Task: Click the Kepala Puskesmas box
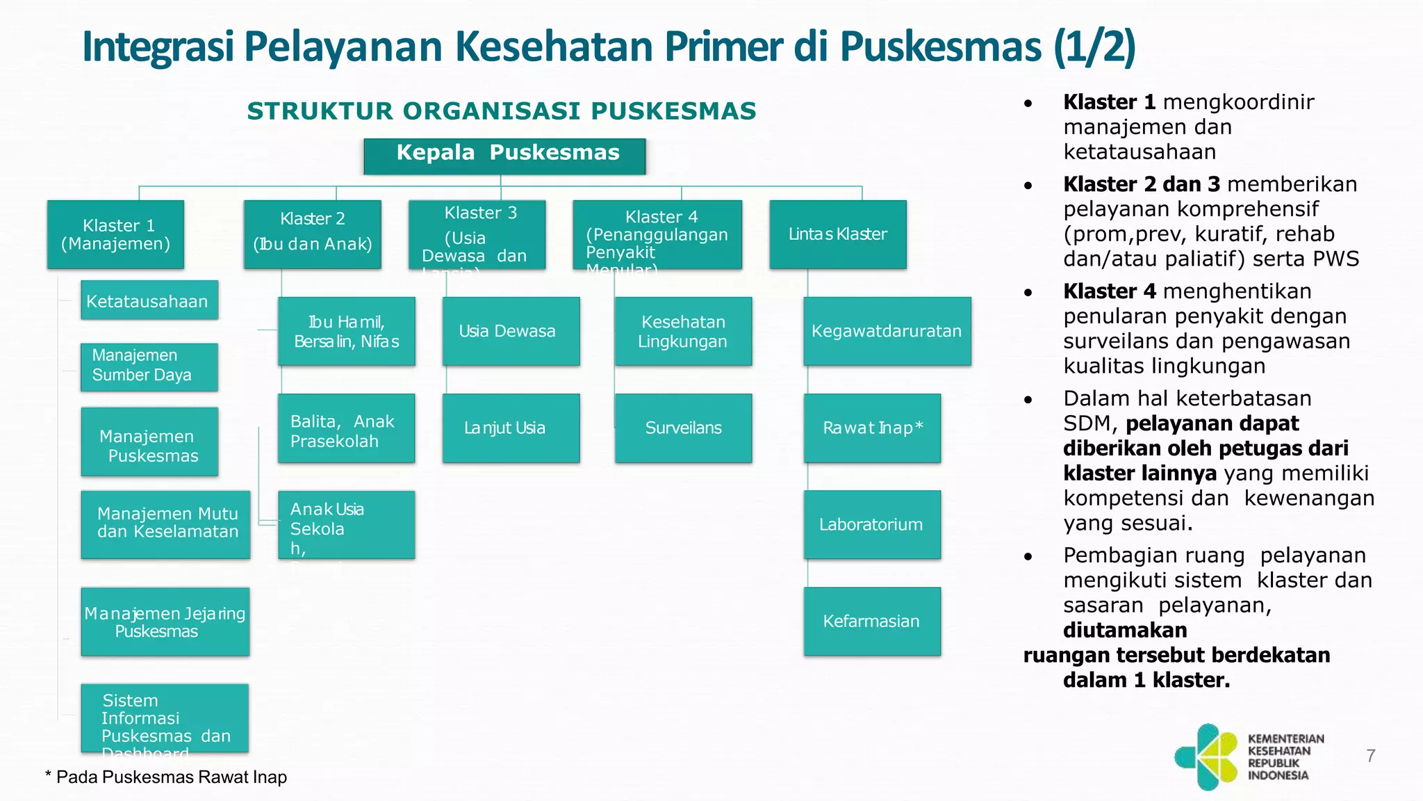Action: tap(504, 156)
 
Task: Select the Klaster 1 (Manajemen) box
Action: tap(115, 234)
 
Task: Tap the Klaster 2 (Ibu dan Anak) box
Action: tap(313, 234)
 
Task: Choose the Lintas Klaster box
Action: tap(838, 234)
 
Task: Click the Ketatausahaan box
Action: tap(149, 300)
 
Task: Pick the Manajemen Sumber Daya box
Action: tap(149, 366)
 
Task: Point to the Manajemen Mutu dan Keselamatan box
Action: tap(165, 524)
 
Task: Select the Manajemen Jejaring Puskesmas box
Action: tap(165, 622)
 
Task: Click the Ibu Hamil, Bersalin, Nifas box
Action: tap(347, 331)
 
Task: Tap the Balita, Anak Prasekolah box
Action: tap(347, 428)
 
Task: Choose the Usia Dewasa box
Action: tap(511, 331)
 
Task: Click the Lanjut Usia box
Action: tap(511, 428)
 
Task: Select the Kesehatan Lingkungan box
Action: tap(683, 331)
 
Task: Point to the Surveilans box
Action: tap(683, 428)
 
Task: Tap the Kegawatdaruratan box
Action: tap(887, 331)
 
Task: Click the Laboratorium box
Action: tap(872, 524)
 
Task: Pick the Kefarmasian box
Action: tap(872, 622)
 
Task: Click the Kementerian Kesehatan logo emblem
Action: tap(1206, 757)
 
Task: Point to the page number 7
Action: tap(1370, 756)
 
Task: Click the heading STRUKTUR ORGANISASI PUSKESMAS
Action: tap(502, 111)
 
